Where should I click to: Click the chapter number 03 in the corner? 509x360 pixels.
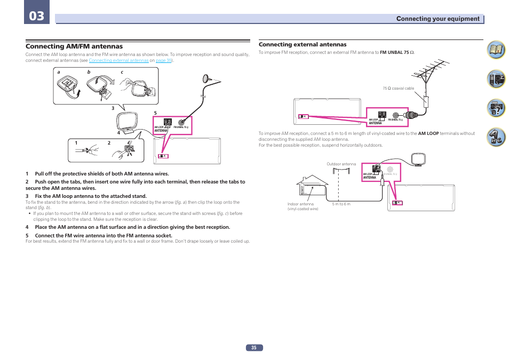click(x=37, y=16)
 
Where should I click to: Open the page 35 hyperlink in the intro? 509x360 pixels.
click(x=164, y=61)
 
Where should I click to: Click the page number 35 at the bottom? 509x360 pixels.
click(x=254, y=348)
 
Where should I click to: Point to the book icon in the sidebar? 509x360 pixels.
click(x=496, y=51)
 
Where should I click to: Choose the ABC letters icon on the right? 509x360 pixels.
click(x=496, y=137)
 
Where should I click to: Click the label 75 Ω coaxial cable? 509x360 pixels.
click(x=398, y=88)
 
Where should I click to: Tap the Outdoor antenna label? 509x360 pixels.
click(x=341, y=164)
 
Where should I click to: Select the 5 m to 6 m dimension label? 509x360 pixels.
click(x=341, y=204)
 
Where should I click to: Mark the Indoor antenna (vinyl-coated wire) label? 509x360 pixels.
click(x=303, y=206)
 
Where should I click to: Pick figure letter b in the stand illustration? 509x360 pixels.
click(x=89, y=73)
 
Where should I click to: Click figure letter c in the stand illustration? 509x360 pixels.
click(x=122, y=73)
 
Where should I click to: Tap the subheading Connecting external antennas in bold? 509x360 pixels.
click(x=303, y=44)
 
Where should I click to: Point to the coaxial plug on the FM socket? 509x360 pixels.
click(x=411, y=114)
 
